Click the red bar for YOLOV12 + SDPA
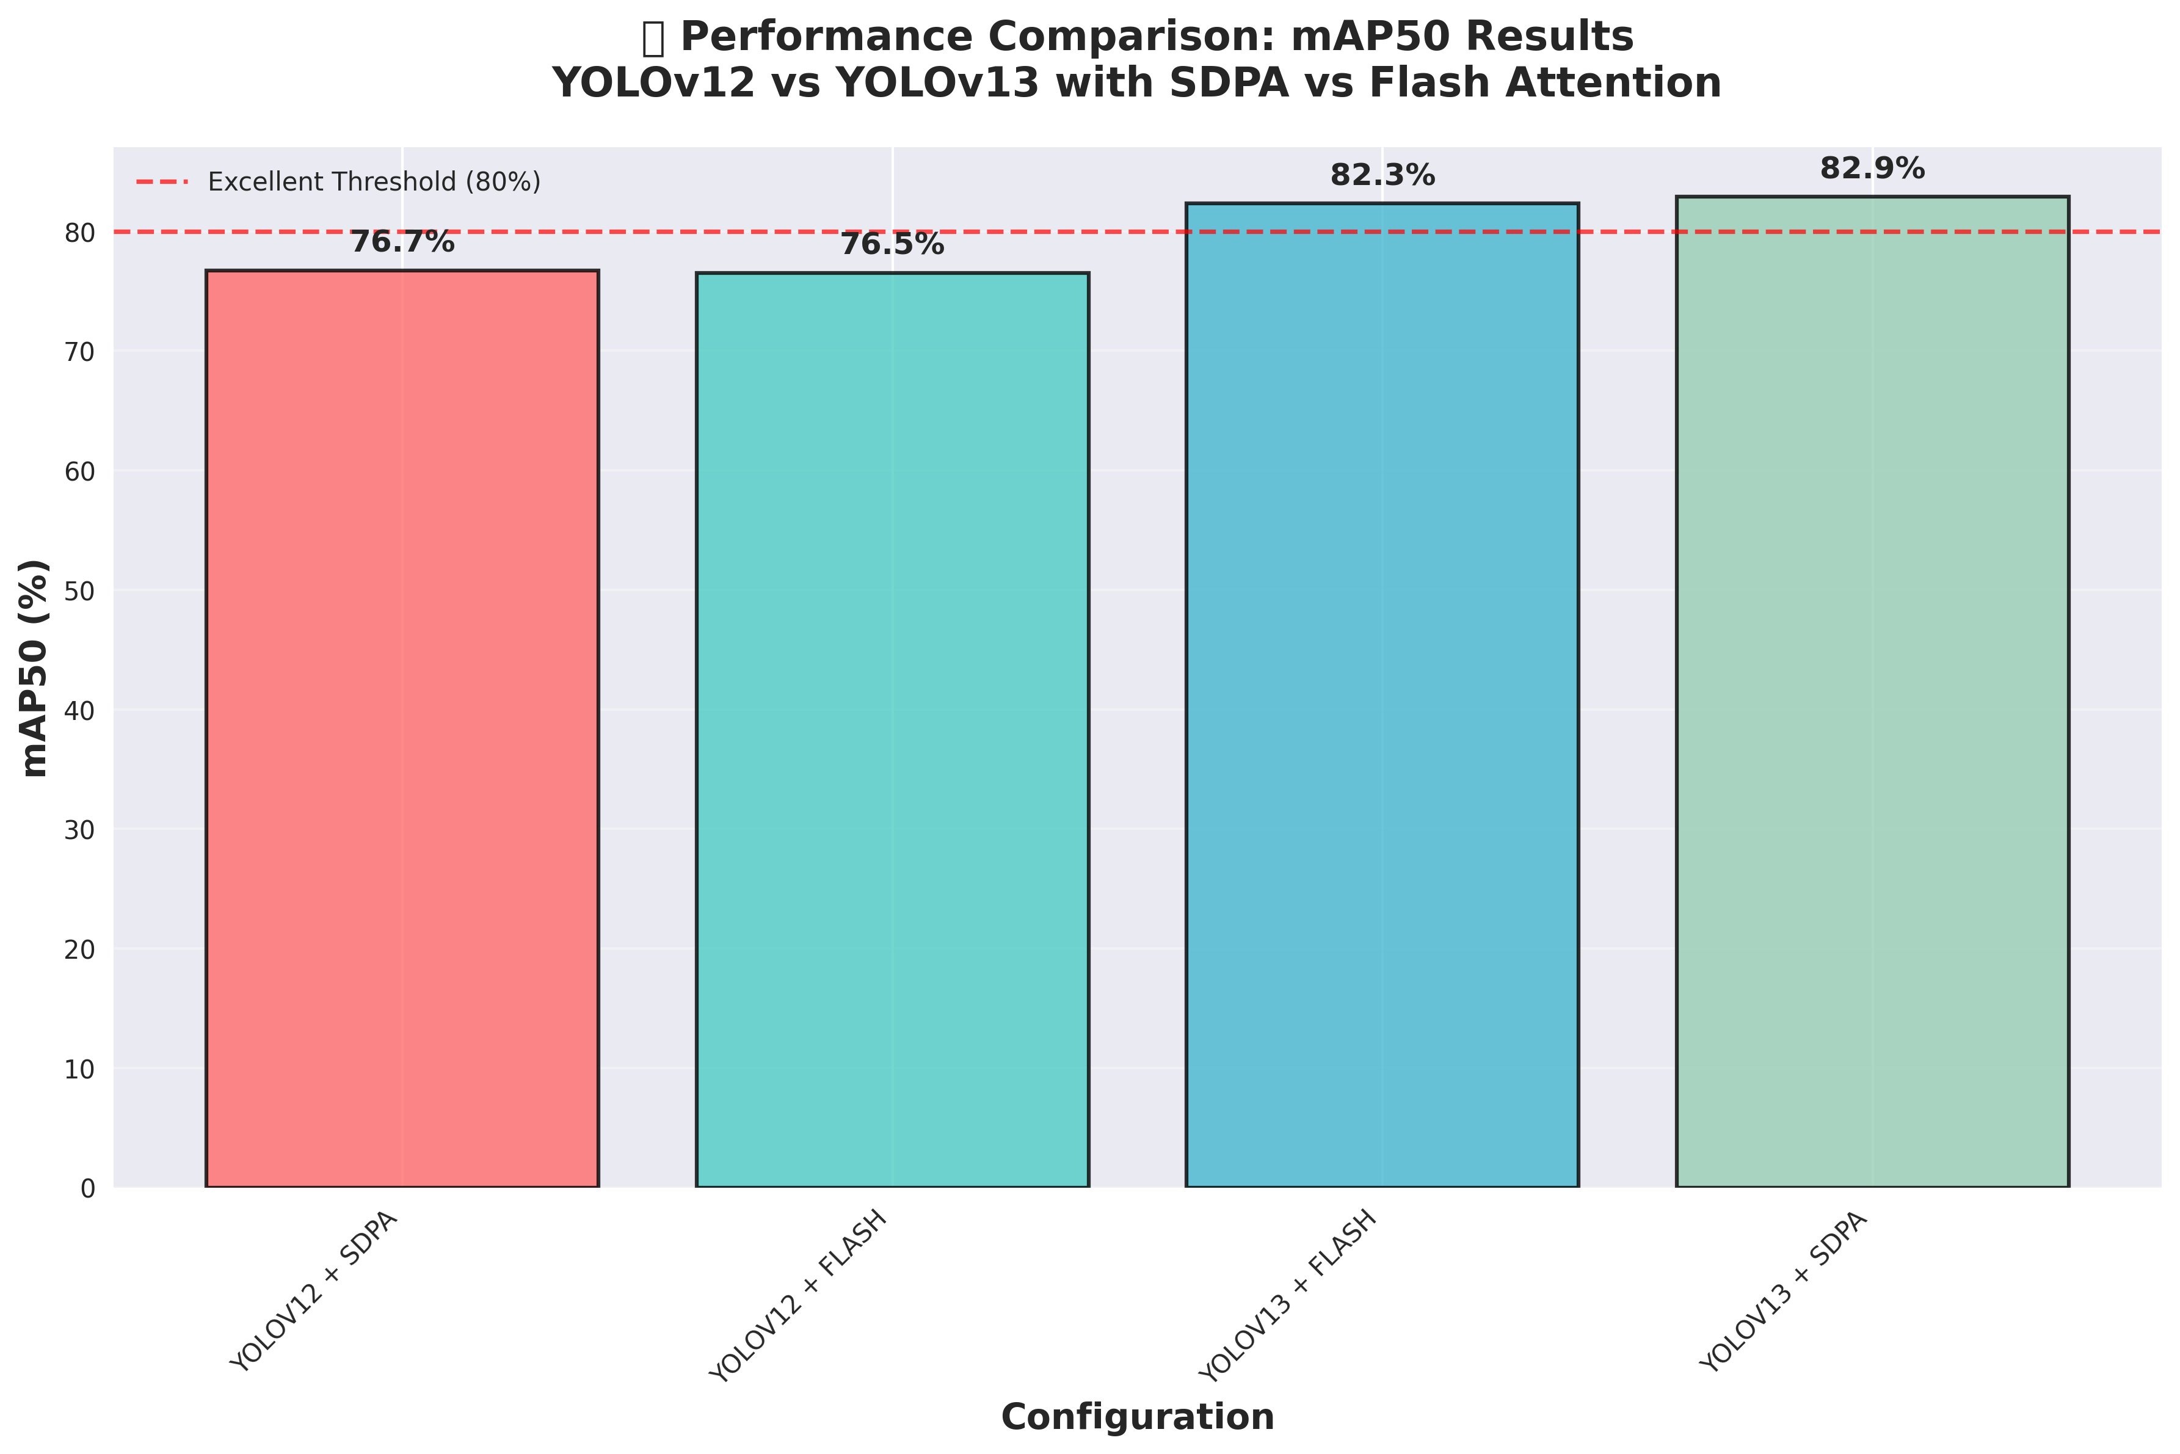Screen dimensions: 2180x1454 point(402,729)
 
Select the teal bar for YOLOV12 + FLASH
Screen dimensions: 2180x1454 point(892,730)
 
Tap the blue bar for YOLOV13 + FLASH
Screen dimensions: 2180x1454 point(1382,696)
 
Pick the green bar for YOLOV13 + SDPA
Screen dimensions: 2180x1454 point(1872,692)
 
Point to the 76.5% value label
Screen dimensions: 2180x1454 point(892,245)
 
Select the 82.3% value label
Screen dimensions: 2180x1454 point(1382,175)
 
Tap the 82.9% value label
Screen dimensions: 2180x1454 point(1872,169)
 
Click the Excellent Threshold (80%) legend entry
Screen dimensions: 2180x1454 point(338,182)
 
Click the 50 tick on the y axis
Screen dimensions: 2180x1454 point(82,591)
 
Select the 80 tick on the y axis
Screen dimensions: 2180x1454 point(82,233)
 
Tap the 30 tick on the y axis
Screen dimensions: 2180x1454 point(82,830)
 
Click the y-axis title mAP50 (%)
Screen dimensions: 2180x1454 point(35,667)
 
